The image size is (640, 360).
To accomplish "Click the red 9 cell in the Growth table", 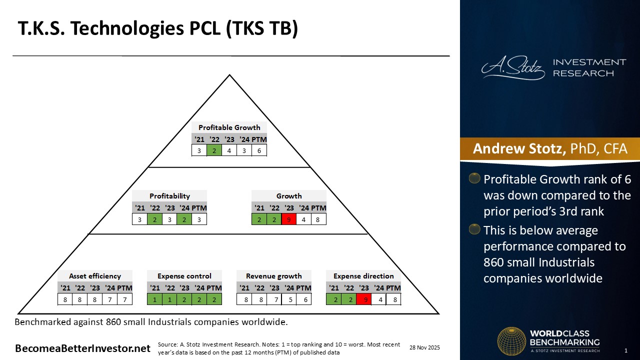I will [288, 219].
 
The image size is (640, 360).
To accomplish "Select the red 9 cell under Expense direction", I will [363, 299].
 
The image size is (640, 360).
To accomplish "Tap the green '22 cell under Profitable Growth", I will [214, 150].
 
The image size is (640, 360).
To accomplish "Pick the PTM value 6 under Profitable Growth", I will [259, 150].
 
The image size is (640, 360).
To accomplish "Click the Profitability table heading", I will [169, 196].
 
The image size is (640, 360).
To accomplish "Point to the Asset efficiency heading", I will [95, 276].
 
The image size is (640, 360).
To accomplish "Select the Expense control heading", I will [184, 276].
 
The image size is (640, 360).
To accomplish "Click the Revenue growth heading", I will [274, 276].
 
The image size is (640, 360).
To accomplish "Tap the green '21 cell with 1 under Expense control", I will [155, 299].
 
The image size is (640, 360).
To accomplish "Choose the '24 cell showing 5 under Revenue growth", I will [289, 299].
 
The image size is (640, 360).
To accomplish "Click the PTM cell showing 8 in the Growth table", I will [318, 219].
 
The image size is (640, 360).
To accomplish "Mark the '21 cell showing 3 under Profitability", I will [139, 219].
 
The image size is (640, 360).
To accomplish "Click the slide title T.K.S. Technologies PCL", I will [158, 29].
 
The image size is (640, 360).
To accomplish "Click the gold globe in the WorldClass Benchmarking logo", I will [511, 341].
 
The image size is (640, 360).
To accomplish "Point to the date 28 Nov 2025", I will [424, 347].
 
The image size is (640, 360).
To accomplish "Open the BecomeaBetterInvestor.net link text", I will [82, 348].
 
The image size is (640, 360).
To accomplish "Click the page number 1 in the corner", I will [626, 350].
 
